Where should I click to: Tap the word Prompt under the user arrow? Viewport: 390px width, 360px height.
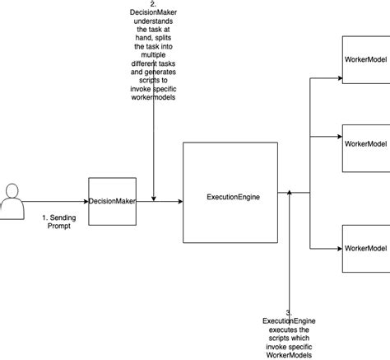(x=60, y=226)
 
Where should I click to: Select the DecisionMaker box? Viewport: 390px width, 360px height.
(x=112, y=200)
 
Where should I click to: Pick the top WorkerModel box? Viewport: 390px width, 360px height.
(x=365, y=60)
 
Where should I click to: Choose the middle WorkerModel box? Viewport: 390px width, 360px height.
(x=365, y=144)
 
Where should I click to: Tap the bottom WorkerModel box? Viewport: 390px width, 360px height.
(x=365, y=247)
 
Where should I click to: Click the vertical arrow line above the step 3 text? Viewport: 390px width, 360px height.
(x=290, y=255)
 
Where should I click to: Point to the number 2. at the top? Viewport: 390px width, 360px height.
(x=153, y=4)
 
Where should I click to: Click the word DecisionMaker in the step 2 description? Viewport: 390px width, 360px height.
(x=153, y=13)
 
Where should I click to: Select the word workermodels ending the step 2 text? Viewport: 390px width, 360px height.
(x=154, y=97)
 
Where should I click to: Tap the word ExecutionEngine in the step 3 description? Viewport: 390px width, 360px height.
(x=290, y=320)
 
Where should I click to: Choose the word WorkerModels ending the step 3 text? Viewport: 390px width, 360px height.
(x=290, y=355)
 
